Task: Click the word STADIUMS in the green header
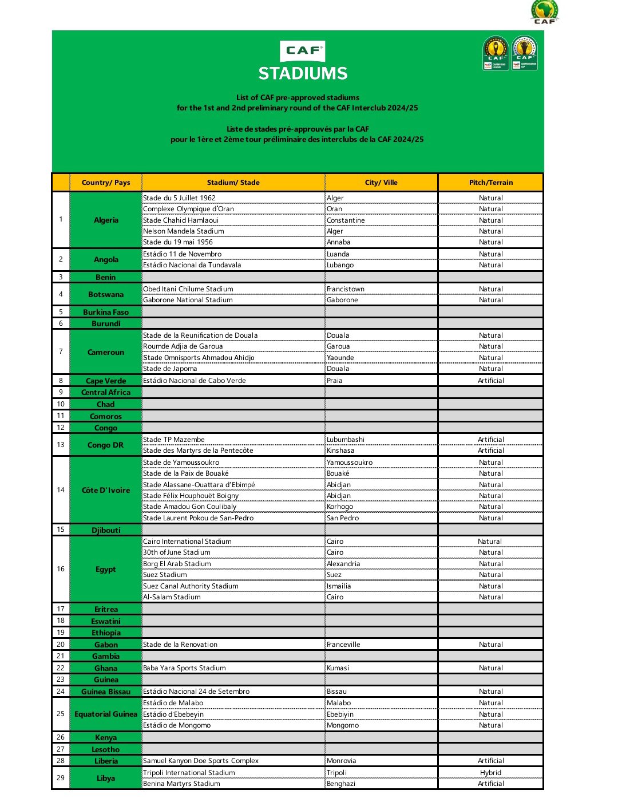(303, 73)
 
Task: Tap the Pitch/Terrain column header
(490, 183)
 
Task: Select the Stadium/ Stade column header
(233, 183)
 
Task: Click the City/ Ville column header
(381, 183)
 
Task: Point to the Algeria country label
(106, 220)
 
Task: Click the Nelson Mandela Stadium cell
(184, 231)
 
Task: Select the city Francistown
(346, 289)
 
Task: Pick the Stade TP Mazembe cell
(174, 440)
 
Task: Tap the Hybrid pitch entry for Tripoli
(490, 773)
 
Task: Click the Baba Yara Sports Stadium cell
(184, 668)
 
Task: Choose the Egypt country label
(106, 569)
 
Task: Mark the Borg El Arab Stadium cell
(177, 564)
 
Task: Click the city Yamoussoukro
(350, 463)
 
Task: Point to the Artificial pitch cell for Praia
(490, 381)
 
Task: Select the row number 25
(61, 714)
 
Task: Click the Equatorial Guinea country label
(106, 714)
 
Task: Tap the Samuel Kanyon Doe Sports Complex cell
(201, 761)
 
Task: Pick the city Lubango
(340, 265)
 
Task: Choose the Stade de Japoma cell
(170, 369)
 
